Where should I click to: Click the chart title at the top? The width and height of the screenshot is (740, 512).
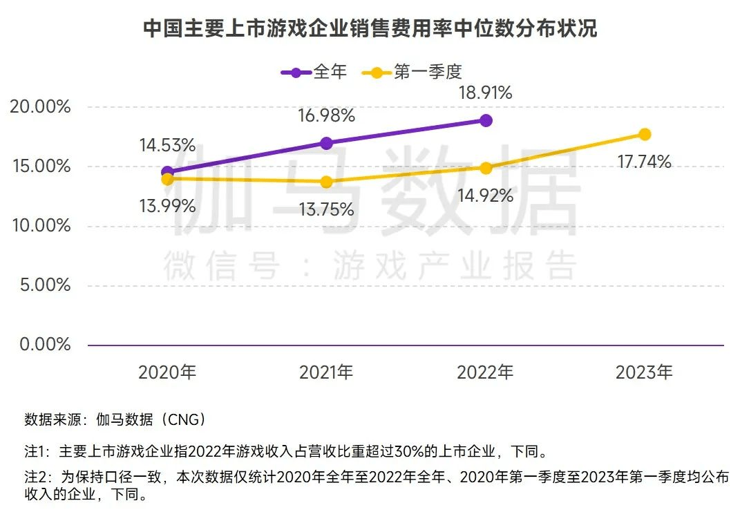tap(370, 29)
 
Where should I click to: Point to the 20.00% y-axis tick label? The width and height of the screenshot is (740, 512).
tap(41, 107)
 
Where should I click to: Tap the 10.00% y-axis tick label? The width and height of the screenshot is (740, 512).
tap(41, 226)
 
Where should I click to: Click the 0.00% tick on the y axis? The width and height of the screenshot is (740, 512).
tap(45, 344)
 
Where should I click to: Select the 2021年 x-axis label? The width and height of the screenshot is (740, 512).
tap(326, 372)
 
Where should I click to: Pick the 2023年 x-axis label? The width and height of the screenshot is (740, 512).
tap(644, 372)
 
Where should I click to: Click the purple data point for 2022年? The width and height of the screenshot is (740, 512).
tap(486, 120)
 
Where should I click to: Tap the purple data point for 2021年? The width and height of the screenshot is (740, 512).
tap(326, 143)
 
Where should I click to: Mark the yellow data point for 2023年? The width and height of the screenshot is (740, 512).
tap(645, 134)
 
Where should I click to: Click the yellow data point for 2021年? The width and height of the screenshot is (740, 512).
tap(326, 182)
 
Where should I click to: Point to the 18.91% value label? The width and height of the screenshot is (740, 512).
tap(486, 93)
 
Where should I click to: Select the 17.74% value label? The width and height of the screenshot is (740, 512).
tap(645, 162)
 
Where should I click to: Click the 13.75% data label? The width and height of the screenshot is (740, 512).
tap(326, 209)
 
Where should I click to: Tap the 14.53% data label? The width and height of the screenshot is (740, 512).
tap(167, 146)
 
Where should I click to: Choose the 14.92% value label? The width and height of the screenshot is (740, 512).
tap(486, 196)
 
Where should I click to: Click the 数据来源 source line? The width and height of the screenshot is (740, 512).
tap(115, 419)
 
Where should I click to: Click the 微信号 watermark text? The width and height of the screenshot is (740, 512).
tap(221, 266)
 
